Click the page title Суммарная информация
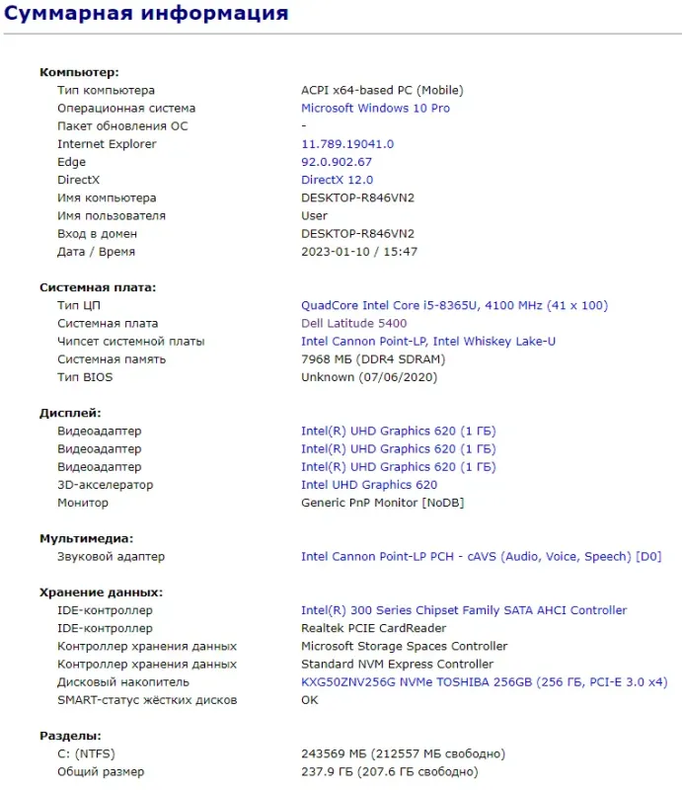[x=145, y=14]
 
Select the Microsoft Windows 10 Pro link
[x=375, y=109]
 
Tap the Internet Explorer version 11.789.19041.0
[x=346, y=144]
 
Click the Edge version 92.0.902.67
[x=336, y=162]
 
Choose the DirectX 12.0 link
[x=337, y=180]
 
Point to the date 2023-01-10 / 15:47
[x=359, y=252]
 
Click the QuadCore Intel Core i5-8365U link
[x=454, y=306]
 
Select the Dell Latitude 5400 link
[x=353, y=324]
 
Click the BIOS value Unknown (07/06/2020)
[x=368, y=377]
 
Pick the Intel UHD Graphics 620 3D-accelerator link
[x=368, y=485]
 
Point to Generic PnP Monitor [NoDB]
[x=382, y=503]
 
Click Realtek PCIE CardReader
[x=373, y=628]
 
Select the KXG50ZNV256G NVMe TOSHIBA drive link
[x=484, y=682]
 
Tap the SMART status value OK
[x=310, y=700]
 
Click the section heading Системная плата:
[x=98, y=287]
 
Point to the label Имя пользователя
[x=112, y=215]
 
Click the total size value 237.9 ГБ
[x=389, y=772]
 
